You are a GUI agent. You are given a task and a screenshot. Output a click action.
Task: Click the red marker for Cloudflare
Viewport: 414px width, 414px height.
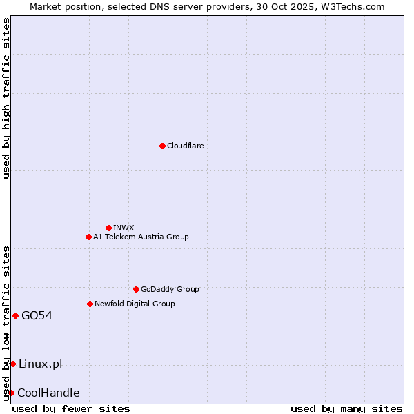(162, 146)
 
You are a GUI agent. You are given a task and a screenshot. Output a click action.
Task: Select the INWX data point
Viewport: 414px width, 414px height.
(108, 228)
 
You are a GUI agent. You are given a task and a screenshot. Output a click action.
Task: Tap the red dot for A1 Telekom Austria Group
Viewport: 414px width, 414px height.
(88, 237)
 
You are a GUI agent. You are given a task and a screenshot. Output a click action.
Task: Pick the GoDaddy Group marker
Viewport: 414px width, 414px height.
(136, 289)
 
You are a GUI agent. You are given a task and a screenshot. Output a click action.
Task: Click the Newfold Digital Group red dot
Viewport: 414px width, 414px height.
(90, 304)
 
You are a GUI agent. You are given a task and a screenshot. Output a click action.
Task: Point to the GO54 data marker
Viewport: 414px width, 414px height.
(15, 315)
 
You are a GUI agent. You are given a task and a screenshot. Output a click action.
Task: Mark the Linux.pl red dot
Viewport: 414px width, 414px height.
(12, 364)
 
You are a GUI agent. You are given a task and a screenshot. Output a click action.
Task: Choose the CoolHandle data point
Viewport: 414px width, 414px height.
(11, 393)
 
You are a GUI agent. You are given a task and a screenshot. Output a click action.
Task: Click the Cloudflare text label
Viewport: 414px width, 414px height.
(185, 146)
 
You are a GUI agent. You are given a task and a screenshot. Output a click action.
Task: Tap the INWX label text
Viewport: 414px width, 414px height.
(124, 228)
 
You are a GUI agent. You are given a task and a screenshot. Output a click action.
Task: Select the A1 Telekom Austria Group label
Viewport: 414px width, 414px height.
(141, 237)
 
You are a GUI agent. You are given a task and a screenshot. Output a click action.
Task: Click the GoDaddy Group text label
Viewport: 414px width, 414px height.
(170, 289)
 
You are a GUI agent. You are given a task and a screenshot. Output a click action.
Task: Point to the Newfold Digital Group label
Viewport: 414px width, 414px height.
(135, 304)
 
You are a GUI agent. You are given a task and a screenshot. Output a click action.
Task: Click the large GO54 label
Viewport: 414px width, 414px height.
(37, 315)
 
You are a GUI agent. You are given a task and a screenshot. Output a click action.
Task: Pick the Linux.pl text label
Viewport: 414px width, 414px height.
(40, 364)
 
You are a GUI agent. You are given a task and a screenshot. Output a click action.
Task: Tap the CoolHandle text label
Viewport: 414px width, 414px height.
(48, 393)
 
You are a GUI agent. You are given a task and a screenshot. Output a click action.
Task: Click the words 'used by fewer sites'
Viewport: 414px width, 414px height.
(71, 408)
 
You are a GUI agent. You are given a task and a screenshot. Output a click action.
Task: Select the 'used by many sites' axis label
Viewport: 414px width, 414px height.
(346, 408)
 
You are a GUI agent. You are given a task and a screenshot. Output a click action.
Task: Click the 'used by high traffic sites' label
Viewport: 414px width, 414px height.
(6, 98)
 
